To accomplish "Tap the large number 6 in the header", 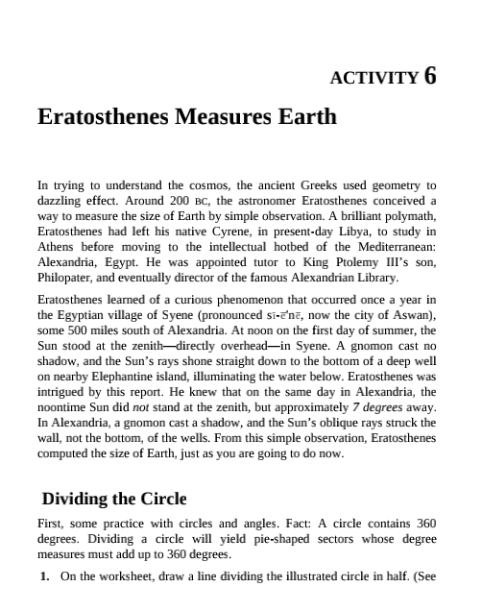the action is coord(429,76).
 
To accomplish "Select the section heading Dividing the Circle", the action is coord(113,499).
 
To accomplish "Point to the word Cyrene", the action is coord(225,232).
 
